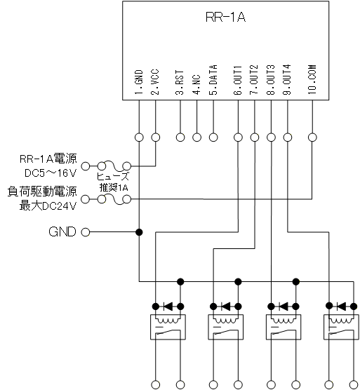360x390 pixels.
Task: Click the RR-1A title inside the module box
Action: point(225,17)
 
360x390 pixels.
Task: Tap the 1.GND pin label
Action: point(139,82)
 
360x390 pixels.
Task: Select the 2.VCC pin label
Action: point(155,82)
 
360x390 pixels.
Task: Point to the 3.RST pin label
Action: point(180,82)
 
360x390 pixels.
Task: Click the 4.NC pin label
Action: point(196,85)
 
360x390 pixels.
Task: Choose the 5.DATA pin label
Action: point(213,80)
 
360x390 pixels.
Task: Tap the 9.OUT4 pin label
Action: point(287,80)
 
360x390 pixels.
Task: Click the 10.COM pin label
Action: point(312,79)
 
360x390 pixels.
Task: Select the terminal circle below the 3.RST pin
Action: point(180,137)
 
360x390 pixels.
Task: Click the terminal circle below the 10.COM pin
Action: point(312,137)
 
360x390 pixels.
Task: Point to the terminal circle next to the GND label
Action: point(86,232)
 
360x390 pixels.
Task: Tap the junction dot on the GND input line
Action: point(139,232)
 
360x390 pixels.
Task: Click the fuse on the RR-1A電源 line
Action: point(114,166)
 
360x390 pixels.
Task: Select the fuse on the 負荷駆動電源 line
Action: point(114,199)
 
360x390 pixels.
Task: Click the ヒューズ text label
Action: point(113,177)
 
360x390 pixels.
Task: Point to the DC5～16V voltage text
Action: point(51,173)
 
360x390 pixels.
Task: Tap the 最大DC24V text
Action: point(48,206)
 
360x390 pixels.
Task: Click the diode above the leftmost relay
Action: point(168,307)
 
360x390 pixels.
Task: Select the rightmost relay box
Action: point(341,327)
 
